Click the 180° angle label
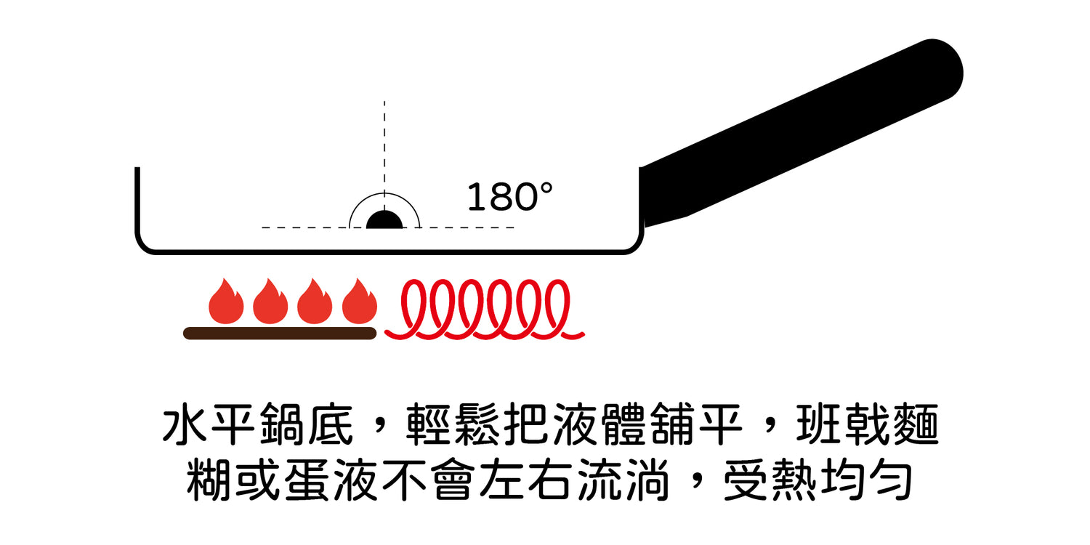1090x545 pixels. coord(509,198)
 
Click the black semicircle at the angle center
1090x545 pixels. coord(384,221)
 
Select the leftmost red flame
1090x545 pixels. coord(226,301)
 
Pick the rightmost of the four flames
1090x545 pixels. coord(360,301)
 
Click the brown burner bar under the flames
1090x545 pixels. coord(280,334)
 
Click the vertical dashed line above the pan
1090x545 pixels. coord(384,145)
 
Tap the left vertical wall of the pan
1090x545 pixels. coord(137,203)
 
